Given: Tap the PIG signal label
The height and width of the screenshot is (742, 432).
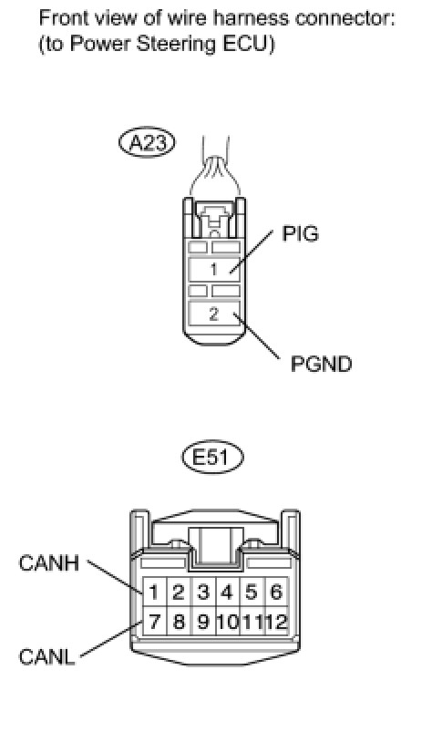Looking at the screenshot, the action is (301, 233).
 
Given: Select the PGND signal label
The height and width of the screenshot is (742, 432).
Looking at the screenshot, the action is (322, 364).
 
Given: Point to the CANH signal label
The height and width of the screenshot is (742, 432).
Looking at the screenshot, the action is (48, 563).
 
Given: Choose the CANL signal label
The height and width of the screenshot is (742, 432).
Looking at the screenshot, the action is (46, 657).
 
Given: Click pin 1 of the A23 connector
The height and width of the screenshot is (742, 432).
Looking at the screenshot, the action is (214, 269).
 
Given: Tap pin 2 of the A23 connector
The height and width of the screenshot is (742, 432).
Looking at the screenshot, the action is (214, 314).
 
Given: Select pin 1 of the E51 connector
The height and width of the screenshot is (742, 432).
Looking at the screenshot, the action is (154, 592).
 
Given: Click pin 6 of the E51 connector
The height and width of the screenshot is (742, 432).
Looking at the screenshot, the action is (276, 592).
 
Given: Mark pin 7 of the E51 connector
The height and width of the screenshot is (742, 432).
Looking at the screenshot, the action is (154, 621).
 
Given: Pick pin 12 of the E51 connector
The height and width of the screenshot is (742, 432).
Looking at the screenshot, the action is (276, 621).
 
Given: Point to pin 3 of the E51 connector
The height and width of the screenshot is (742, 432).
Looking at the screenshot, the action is (203, 592).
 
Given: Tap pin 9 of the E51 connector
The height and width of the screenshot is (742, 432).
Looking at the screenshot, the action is (203, 621).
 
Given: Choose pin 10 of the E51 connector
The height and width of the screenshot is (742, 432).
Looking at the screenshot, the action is (228, 621).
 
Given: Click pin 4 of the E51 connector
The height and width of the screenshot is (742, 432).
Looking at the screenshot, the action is (228, 592).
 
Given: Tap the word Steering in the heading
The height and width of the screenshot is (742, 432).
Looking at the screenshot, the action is (180, 45).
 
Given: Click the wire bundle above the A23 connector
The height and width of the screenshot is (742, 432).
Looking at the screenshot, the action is (215, 170).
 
